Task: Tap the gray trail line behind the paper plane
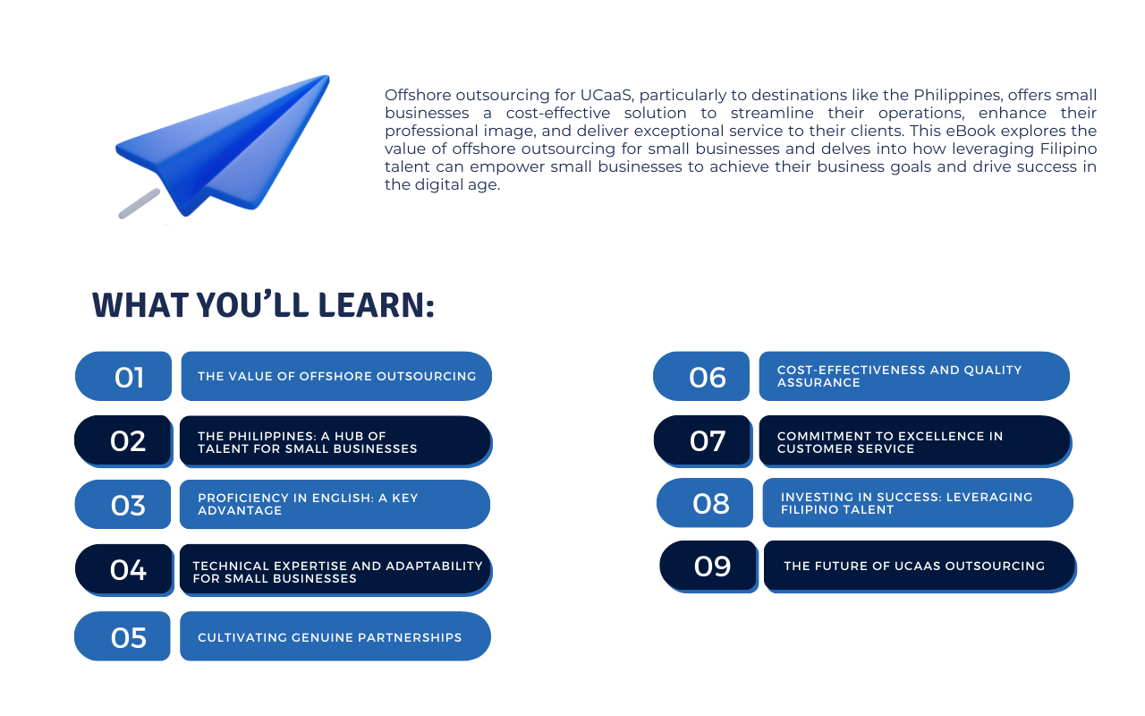(x=139, y=203)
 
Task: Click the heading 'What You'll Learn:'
(x=263, y=305)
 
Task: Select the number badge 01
(x=123, y=376)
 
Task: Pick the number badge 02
(x=123, y=441)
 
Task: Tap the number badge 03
(x=123, y=504)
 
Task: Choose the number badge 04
(x=124, y=570)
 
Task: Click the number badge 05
(x=123, y=636)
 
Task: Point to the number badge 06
(x=701, y=376)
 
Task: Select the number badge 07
(x=703, y=441)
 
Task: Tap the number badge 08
(x=705, y=503)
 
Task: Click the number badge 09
(x=708, y=567)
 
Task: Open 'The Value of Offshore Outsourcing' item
(x=336, y=376)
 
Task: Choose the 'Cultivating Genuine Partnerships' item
(x=335, y=636)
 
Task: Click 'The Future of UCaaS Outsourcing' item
(x=920, y=567)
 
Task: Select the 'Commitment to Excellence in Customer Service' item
(x=915, y=441)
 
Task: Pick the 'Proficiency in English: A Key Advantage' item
(x=335, y=504)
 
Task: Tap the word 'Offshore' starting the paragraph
(x=418, y=95)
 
